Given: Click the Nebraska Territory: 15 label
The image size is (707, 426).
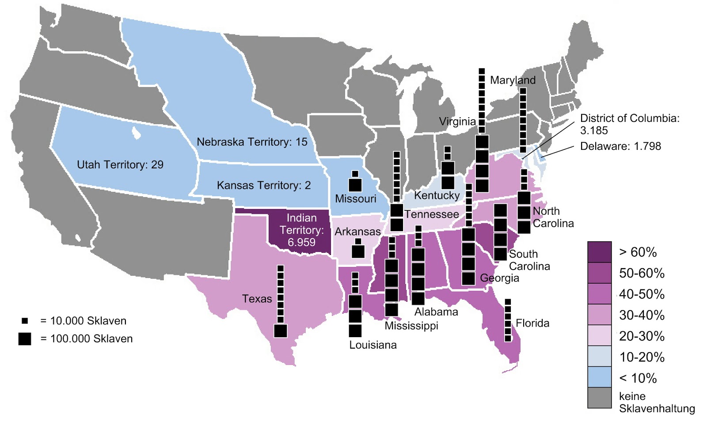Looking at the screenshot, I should coord(252,142).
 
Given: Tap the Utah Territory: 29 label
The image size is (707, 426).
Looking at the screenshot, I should coord(120,165).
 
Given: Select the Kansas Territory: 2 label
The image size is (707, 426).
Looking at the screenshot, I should coord(263,185).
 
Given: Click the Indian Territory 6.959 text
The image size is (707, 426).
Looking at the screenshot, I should coord(301,230).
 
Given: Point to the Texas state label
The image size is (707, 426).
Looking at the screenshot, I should coord(257,299).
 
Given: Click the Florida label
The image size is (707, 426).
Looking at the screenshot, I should coord(532,323).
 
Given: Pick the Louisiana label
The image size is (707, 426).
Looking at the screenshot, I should coord(373,345).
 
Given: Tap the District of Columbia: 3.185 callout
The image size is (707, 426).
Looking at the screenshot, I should coord(629,124).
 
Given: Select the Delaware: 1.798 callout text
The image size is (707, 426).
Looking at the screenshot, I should coord(620,146).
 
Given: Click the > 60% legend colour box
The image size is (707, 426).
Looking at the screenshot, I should coord(599,252).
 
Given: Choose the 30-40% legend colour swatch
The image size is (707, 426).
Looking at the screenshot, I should coord(599,315).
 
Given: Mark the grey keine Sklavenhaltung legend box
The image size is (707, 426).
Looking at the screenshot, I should coord(599,398).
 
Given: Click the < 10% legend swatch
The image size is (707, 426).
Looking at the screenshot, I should coord(599,377).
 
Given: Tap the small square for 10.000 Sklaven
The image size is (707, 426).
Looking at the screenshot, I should coord(25,321).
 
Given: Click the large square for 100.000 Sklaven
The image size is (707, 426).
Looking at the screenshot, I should coord(25,339).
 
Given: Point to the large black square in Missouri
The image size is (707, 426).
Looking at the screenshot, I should coord(355,185).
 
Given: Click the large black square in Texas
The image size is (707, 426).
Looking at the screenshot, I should coord(280,331).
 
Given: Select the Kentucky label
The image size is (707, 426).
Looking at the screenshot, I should coord(437,195).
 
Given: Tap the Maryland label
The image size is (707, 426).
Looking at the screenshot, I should coord(513,80).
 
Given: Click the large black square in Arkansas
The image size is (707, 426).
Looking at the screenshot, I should coord(358,251).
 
